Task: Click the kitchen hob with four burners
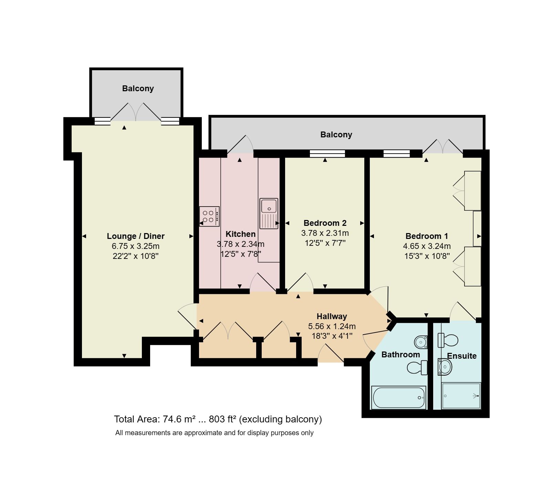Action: pos(209,216)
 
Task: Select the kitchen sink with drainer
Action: pos(269,213)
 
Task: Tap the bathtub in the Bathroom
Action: pos(398,397)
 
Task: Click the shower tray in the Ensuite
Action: pos(461,396)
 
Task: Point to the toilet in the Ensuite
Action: pos(448,340)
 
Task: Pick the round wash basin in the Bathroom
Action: pos(420,342)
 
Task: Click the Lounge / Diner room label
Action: pos(136,236)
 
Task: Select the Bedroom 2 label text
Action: pos(325,223)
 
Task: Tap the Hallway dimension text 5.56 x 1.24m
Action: pos(332,326)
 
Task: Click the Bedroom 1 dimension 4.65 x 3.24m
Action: pos(427,246)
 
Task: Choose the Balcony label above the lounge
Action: pos(138,88)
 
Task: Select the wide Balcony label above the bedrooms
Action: pos(336,135)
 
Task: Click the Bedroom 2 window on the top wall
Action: pos(327,154)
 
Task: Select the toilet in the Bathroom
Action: pos(417,367)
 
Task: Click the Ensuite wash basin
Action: pos(445,367)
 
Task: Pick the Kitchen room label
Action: pos(240,234)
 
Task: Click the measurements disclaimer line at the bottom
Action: pos(214,433)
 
